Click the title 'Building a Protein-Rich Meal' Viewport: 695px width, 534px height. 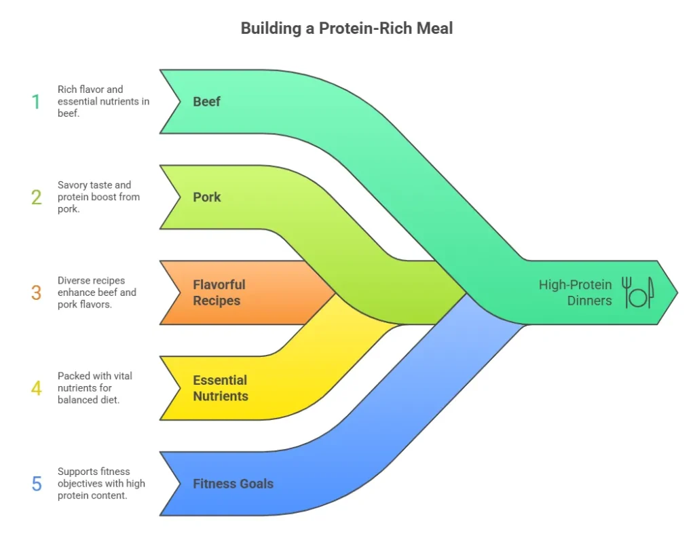pos(347,28)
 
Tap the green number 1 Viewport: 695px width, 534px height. pos(36,102)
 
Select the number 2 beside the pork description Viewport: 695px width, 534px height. pos(36,197)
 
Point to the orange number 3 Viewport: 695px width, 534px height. pos(36,293)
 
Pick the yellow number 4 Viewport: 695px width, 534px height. pos(36,389)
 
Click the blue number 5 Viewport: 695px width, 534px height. pos(36,484)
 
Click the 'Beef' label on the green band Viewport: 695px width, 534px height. pos(207,102)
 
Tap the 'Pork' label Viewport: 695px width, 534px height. pos(207,197)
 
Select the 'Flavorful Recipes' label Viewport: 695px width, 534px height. pos(219,292)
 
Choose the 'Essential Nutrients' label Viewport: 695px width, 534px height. pos(221,388)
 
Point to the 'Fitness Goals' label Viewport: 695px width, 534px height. pos(233,484)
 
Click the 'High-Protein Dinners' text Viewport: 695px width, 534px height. pos(576,292)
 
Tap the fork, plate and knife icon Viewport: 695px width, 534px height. pos(637,292)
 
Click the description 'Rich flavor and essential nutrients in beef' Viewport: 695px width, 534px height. pos(103,102)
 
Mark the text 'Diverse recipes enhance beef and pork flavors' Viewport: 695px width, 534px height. pos(96,293)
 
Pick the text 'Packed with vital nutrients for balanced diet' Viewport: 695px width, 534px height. pos(94,389)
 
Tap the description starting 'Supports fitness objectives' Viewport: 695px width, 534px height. pos(101,484)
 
